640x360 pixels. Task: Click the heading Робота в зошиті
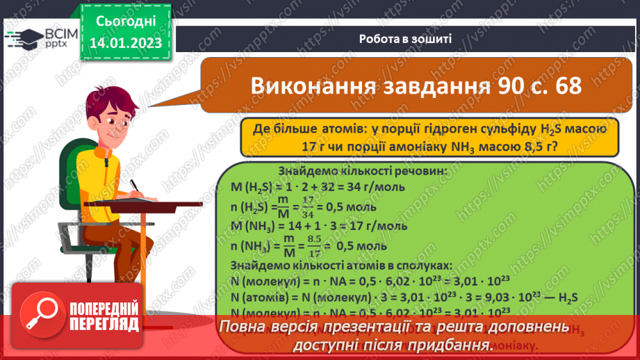coord(406,39)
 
